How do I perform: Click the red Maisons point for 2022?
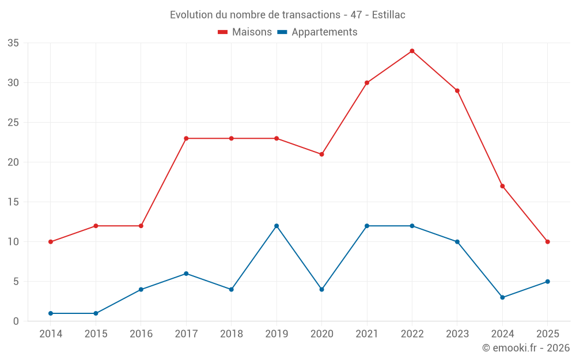(x=412, y=51)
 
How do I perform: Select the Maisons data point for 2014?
(x=51, y=242)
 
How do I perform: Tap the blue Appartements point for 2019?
(x=276, y=226)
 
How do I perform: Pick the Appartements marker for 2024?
(x=502, y=297)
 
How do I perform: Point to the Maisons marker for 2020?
(x=321, y=154)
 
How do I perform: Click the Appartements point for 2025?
(x=547, y=282)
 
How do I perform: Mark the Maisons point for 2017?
(x=186, y=138)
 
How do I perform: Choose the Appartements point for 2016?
(x=141, y=289)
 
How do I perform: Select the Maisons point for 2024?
(x=502, y=186)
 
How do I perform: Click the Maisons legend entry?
(x=245, y=32)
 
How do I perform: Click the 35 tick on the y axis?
(x=13, y=43)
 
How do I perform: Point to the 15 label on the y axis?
(x=13, y=202)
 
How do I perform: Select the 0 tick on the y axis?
(x=16, y=321)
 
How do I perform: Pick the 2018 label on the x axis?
(x=232, y=334)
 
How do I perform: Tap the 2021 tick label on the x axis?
(x=367, y=334)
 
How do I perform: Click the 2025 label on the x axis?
(x=547, y=334)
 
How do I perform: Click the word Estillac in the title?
(x=389, y=15)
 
